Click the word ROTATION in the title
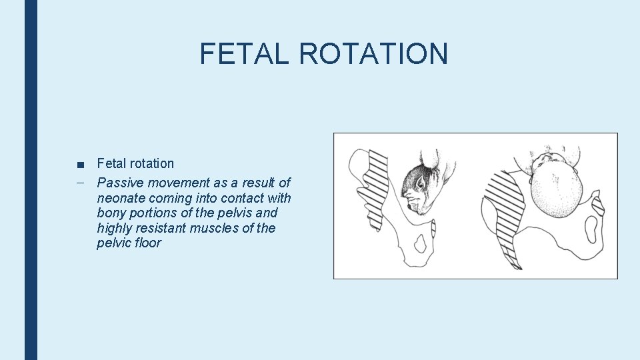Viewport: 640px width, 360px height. [373, 54]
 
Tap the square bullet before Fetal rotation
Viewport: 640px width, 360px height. [80, 165]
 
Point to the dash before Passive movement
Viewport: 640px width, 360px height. [80, 182]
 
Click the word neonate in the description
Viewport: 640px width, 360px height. [121, 198]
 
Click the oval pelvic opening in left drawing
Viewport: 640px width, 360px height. [421, 245]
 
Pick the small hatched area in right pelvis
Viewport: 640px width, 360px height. [598, 203]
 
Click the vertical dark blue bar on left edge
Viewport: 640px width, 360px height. [31, 180]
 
